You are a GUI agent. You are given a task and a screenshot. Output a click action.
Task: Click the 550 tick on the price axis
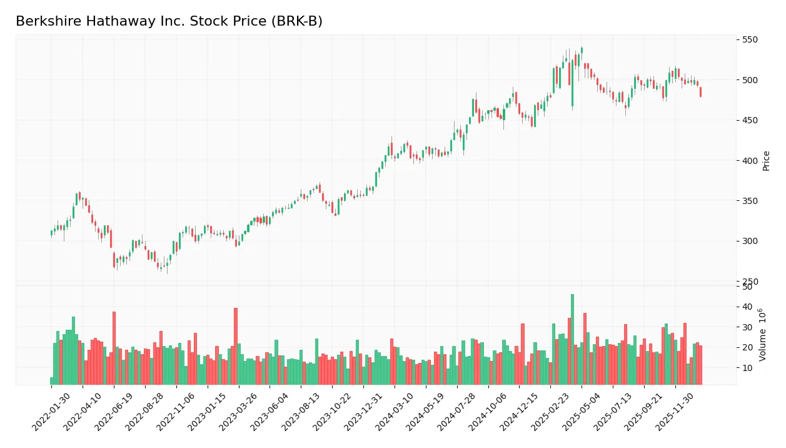750,40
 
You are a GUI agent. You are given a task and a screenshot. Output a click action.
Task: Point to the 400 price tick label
750,161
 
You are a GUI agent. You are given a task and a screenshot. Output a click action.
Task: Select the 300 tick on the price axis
750,242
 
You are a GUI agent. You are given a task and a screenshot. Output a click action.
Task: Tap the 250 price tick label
750,282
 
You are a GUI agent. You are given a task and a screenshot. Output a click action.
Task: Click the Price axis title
766,161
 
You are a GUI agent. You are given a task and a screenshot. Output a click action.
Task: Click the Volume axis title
763,335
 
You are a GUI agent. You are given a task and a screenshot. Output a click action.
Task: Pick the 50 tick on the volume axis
747,287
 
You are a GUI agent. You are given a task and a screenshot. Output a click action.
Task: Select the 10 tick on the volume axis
747,368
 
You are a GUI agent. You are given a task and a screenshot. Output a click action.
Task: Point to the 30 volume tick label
747,327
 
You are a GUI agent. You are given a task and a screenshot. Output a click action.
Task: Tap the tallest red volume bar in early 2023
236,346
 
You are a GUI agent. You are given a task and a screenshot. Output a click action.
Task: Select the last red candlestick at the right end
700,92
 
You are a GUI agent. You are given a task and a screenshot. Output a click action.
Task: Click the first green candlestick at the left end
51,233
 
